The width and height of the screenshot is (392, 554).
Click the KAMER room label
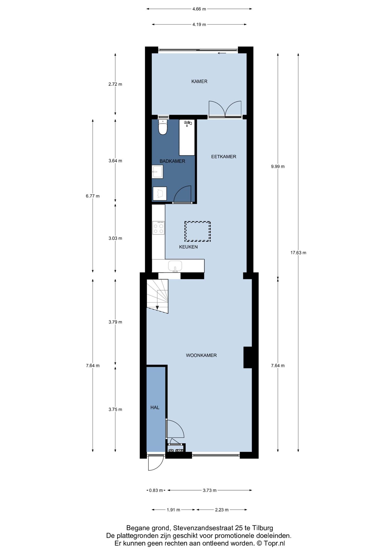tap(199, 81)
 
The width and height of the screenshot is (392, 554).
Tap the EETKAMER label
tap(223, 157)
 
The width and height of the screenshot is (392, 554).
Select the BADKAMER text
tap(172, 161)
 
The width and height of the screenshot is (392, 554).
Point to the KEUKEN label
tap(188, 247)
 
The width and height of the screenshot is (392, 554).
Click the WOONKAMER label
tap(201, 355)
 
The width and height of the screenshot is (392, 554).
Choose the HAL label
tap(155, 408)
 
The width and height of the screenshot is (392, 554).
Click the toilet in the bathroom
tap(163, 127)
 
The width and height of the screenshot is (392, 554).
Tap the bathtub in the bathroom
tap(187, 138)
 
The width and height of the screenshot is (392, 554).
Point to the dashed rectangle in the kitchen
tap(198, 231)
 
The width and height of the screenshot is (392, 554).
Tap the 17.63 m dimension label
tap(298, 253)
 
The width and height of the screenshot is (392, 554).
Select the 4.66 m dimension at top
tap(199, 9)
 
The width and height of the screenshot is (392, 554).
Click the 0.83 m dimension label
tap(156, 490)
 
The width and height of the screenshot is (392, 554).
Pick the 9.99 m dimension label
tap(278, 167)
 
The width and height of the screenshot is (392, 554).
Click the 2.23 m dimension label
tap(222, 510)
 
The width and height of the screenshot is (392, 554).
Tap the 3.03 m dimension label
tap(115, 239)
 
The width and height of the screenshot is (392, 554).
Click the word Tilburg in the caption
tap(263, 528)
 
